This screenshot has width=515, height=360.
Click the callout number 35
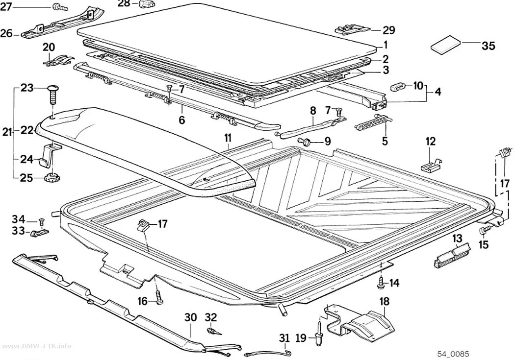coord(488,46)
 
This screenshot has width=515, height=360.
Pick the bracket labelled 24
coord(50,155)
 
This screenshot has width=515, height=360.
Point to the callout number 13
coord(457,239)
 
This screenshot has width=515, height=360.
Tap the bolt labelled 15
coord(485,230)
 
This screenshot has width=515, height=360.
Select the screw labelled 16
coord(159,297)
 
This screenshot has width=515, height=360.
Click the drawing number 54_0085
coord(453,354)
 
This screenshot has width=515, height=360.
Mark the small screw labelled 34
coord(41,221)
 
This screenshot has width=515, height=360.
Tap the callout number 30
coord(190,317)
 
